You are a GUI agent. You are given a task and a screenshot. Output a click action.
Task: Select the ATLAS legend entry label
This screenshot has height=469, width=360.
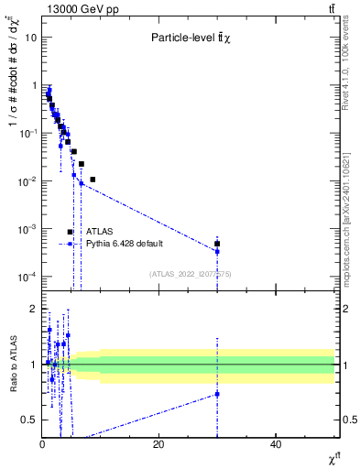pyautogui.click(x=99, y=232)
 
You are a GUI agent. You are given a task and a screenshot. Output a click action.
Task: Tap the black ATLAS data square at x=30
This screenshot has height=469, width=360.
pyautogui.click(x=217, y=244)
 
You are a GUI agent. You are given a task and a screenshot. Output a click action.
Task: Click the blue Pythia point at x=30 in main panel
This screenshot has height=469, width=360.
pyautogui.click(x=217, y=251)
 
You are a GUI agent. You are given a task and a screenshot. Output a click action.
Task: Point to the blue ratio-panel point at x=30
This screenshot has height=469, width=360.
pyautogui.click(x=217, y=394)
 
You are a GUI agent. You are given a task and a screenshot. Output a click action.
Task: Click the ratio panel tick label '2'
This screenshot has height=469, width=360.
pyautogui.click(x=34, y=308)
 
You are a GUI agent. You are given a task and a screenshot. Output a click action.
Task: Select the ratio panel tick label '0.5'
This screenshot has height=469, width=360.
pyautogui.click(x=29, y=420)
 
